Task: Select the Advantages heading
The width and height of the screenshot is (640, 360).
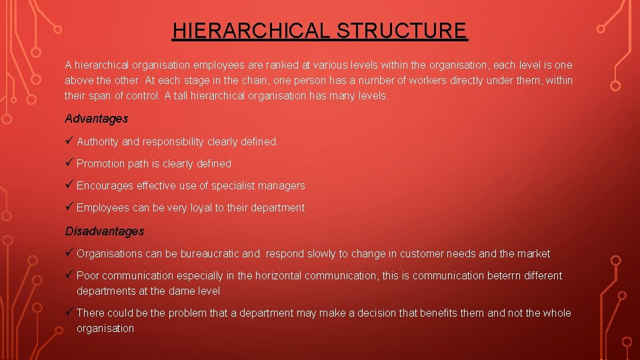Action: [96, 119]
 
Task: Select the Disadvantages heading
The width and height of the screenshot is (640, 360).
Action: [104, 231]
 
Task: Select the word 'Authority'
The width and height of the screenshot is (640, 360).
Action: [97, 141]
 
